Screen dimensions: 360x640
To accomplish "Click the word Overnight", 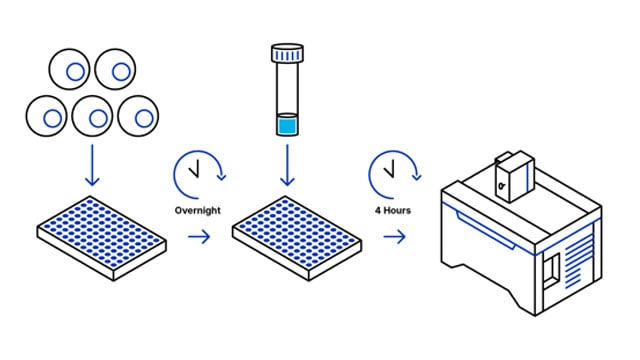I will (198, 210).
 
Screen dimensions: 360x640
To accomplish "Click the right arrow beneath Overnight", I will (198, 237).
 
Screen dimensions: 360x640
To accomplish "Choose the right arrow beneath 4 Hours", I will (394, 237).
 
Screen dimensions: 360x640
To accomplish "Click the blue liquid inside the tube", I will (288, 126).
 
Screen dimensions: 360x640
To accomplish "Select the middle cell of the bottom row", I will (95, 118).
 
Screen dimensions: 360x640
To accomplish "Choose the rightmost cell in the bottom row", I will (139, 117).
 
